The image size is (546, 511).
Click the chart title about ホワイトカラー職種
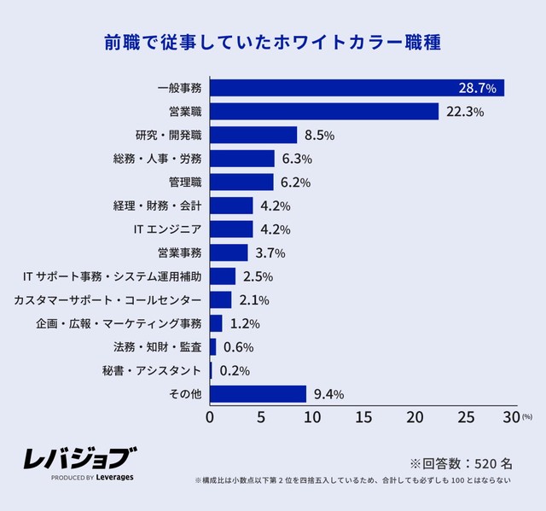(x=272, y=42)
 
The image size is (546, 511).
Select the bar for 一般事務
(x=357, y=88)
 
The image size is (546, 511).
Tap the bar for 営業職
(x=324, y=112)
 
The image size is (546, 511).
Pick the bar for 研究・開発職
(x=253, y=135)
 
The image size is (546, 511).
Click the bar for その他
(x=258, y=394)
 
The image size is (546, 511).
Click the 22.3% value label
(x=466, y=112)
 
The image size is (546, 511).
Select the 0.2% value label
(x=234, y=371)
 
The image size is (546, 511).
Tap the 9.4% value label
(x=328, y=394)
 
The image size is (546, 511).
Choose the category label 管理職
(x=185, y=183)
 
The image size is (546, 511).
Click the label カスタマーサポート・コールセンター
(x=108, y=300)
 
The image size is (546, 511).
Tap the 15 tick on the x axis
(x=363, y=417)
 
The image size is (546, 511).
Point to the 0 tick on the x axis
(x=210, y=417)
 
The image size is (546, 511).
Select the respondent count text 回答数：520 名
(x=462, y=463)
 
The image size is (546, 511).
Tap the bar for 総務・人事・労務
(x=242, y=159)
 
